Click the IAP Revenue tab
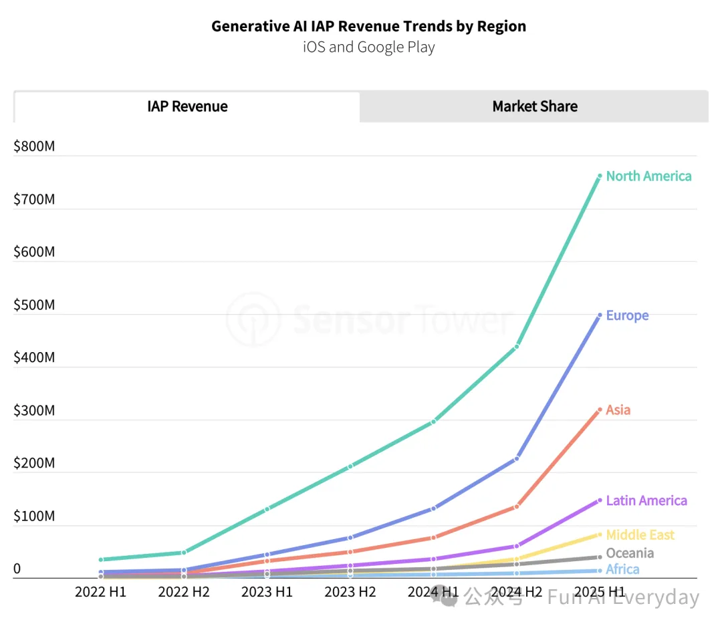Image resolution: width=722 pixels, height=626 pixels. [187, 107]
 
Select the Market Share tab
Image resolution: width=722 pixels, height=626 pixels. [535, 107]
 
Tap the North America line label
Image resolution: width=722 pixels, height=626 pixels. [648, 176]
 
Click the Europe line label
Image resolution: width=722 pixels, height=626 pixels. [627, 315]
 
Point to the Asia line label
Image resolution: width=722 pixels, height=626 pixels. [618, 410]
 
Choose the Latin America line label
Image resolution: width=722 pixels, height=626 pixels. [646, 500]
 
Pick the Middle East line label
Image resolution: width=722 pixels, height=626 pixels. [640, 535]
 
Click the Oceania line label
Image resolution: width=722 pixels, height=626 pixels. [630, 553]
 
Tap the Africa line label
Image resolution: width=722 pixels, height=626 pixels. [622, 570]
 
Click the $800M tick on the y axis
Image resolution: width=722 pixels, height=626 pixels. [34, 146]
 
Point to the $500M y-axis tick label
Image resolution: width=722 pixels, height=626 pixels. [34, 305]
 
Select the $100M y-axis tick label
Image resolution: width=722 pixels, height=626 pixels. [34, 516]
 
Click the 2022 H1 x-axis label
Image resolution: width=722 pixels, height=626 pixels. [100, 592]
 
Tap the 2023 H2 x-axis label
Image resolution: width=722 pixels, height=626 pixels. [350, 592]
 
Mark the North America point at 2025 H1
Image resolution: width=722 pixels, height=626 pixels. [600, 176]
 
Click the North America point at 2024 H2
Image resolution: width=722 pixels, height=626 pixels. [517, 346]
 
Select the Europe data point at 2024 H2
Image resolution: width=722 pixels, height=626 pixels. [517, 459]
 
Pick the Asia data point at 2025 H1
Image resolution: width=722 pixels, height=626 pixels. [600, 410]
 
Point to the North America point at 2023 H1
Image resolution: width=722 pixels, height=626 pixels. [267, 509]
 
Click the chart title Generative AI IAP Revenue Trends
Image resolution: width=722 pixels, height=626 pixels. [368, 27]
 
